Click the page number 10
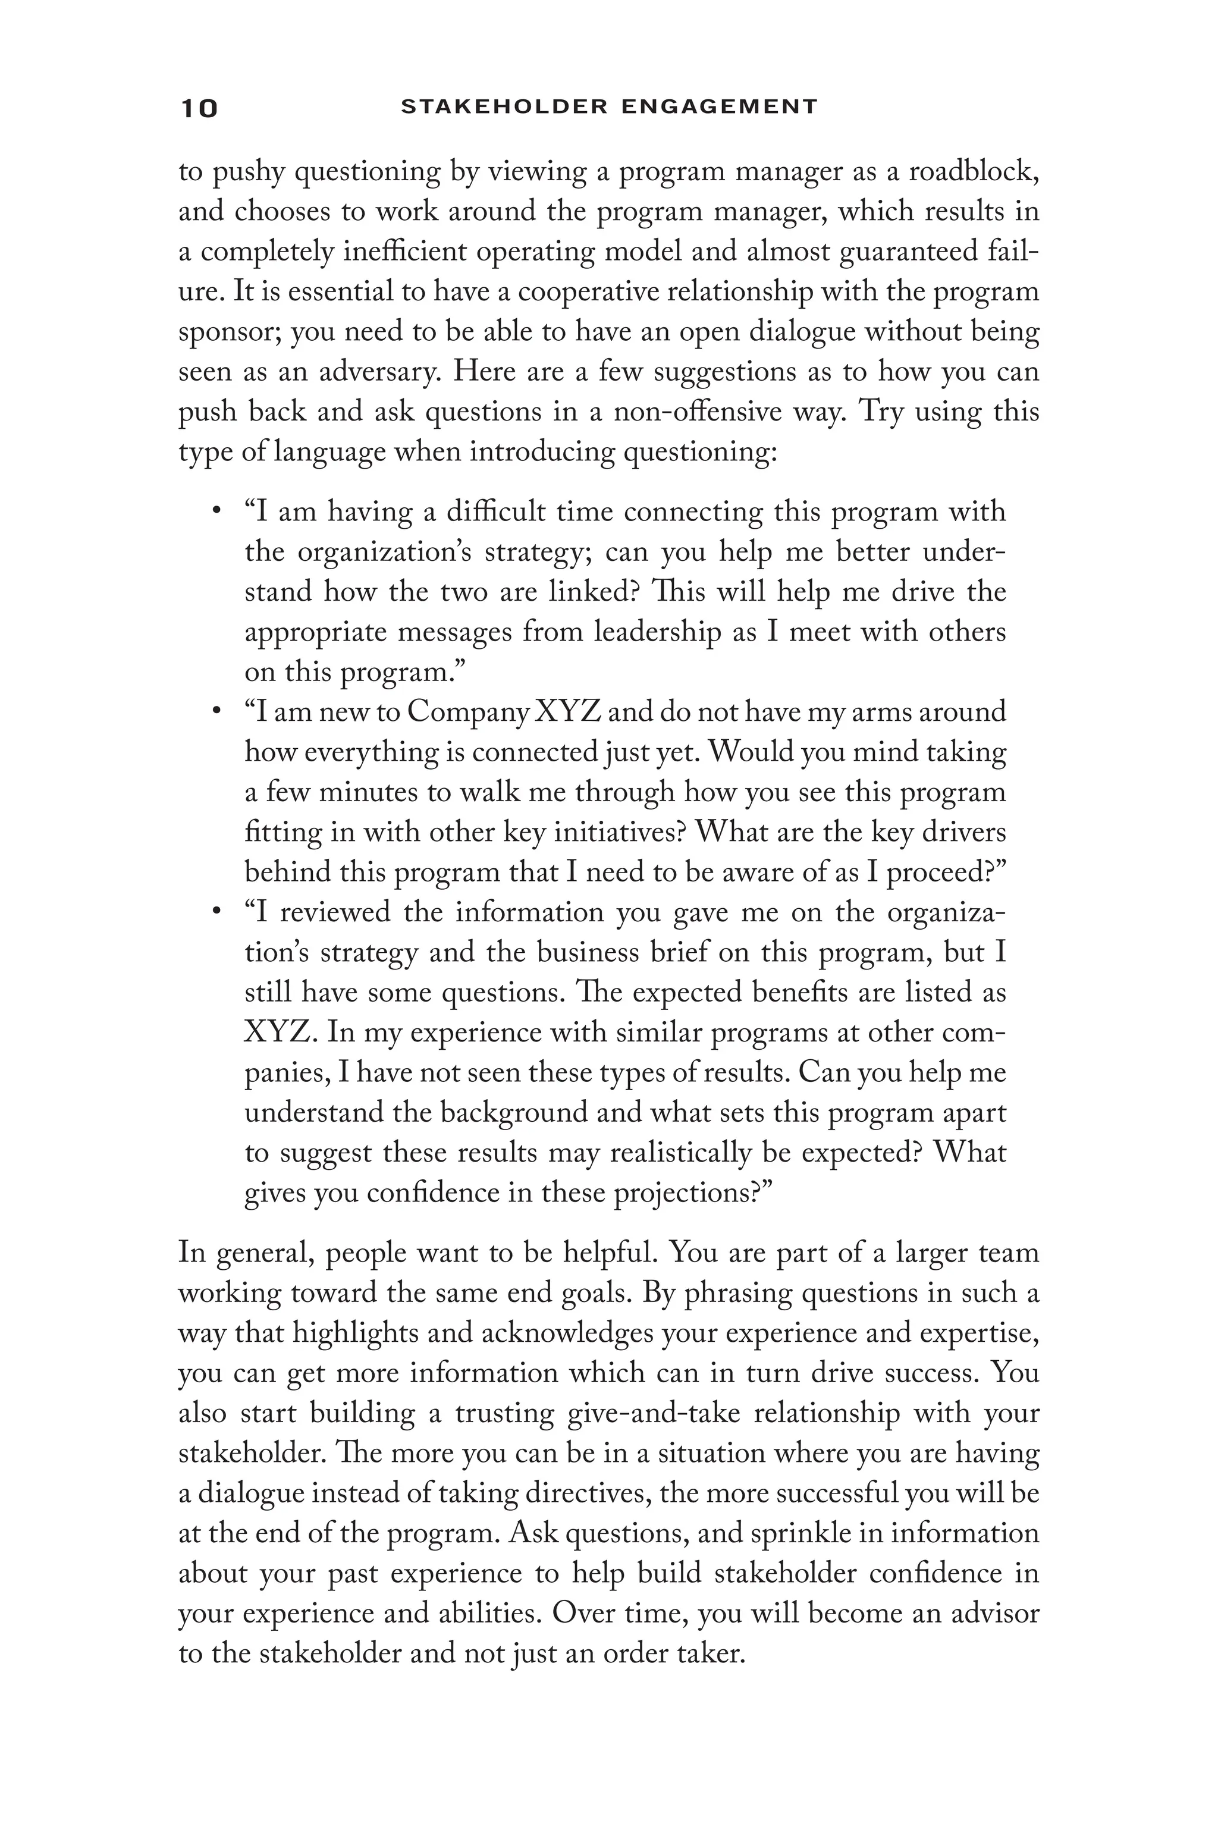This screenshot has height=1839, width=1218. [199, 108]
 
